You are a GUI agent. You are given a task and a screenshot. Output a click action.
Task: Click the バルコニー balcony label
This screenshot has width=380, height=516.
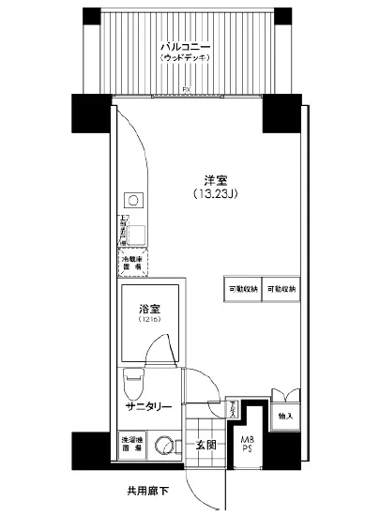pos(184,45)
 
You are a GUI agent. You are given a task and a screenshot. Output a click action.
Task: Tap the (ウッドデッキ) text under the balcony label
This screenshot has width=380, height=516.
pos(184,58)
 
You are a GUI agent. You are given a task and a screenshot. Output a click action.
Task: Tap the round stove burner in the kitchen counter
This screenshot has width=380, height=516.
pos(133,200)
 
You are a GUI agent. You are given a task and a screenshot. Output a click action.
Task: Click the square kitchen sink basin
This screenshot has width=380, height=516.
pos(136,235)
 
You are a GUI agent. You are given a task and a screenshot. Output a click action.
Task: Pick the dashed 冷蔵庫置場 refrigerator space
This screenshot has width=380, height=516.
pos(130,262)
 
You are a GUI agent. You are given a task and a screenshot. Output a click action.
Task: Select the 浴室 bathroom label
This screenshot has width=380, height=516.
pos(148,307)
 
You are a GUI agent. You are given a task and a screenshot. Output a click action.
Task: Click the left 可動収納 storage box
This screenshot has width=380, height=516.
pos(241,290)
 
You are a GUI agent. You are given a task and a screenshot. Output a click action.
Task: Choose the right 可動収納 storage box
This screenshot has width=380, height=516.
pos(281,290)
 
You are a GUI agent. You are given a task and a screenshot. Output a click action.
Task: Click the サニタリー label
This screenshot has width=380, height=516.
pos(148,406)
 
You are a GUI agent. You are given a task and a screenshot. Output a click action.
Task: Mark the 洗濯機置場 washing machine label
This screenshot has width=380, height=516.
pos(130,445)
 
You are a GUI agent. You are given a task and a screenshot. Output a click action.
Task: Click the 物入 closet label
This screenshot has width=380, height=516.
pos(285,415)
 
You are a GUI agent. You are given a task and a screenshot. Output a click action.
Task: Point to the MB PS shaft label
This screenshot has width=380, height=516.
pos(248,445)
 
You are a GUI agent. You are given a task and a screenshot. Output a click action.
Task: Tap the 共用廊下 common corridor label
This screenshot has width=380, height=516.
pos(149,491)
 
